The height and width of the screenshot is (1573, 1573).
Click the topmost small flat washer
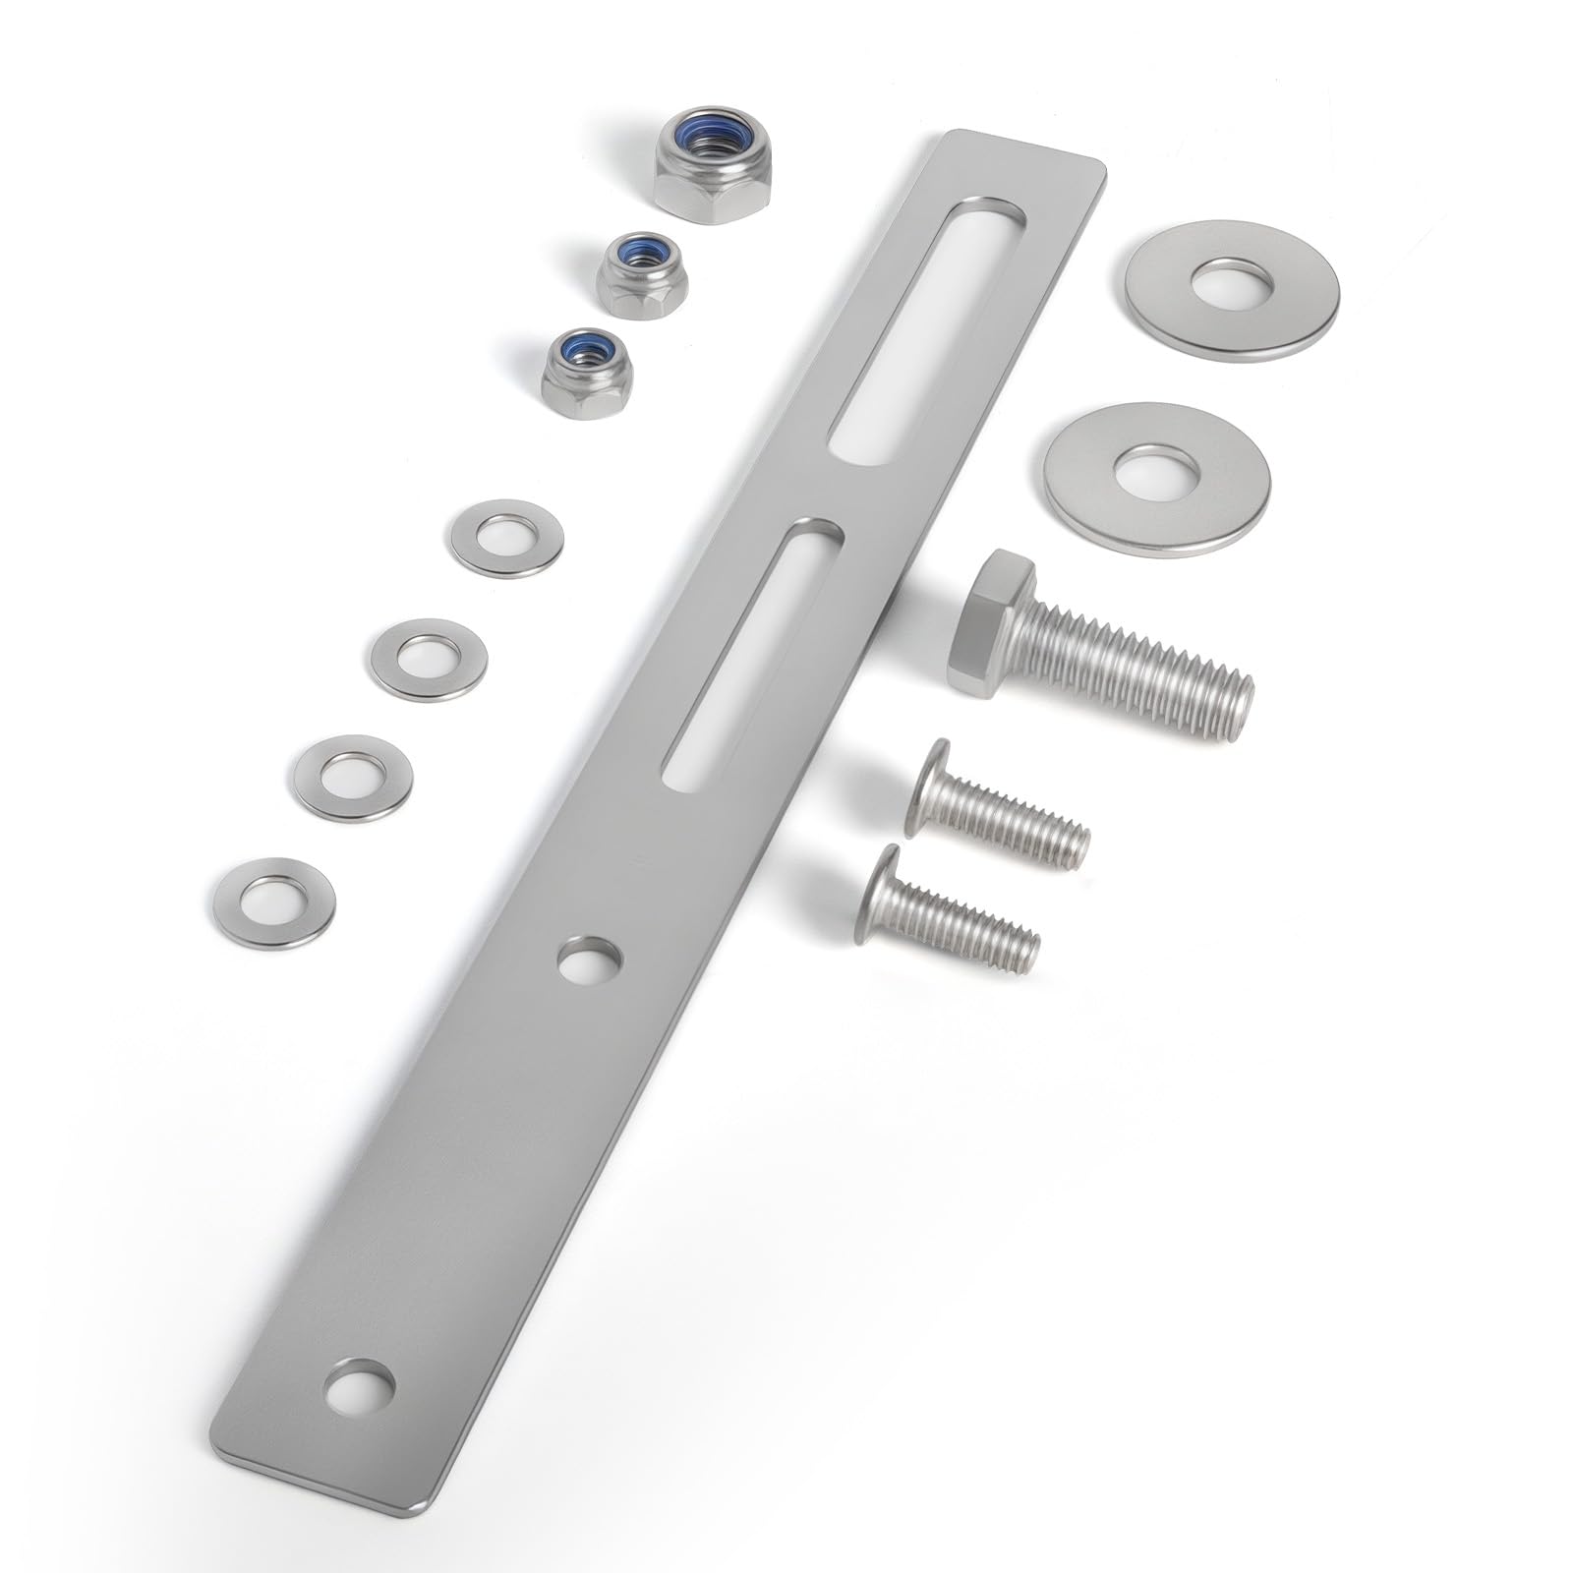pos(507,539)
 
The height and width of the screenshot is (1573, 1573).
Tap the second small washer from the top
pos(430,658)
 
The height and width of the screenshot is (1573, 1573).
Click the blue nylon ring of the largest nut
pos(713,138)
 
